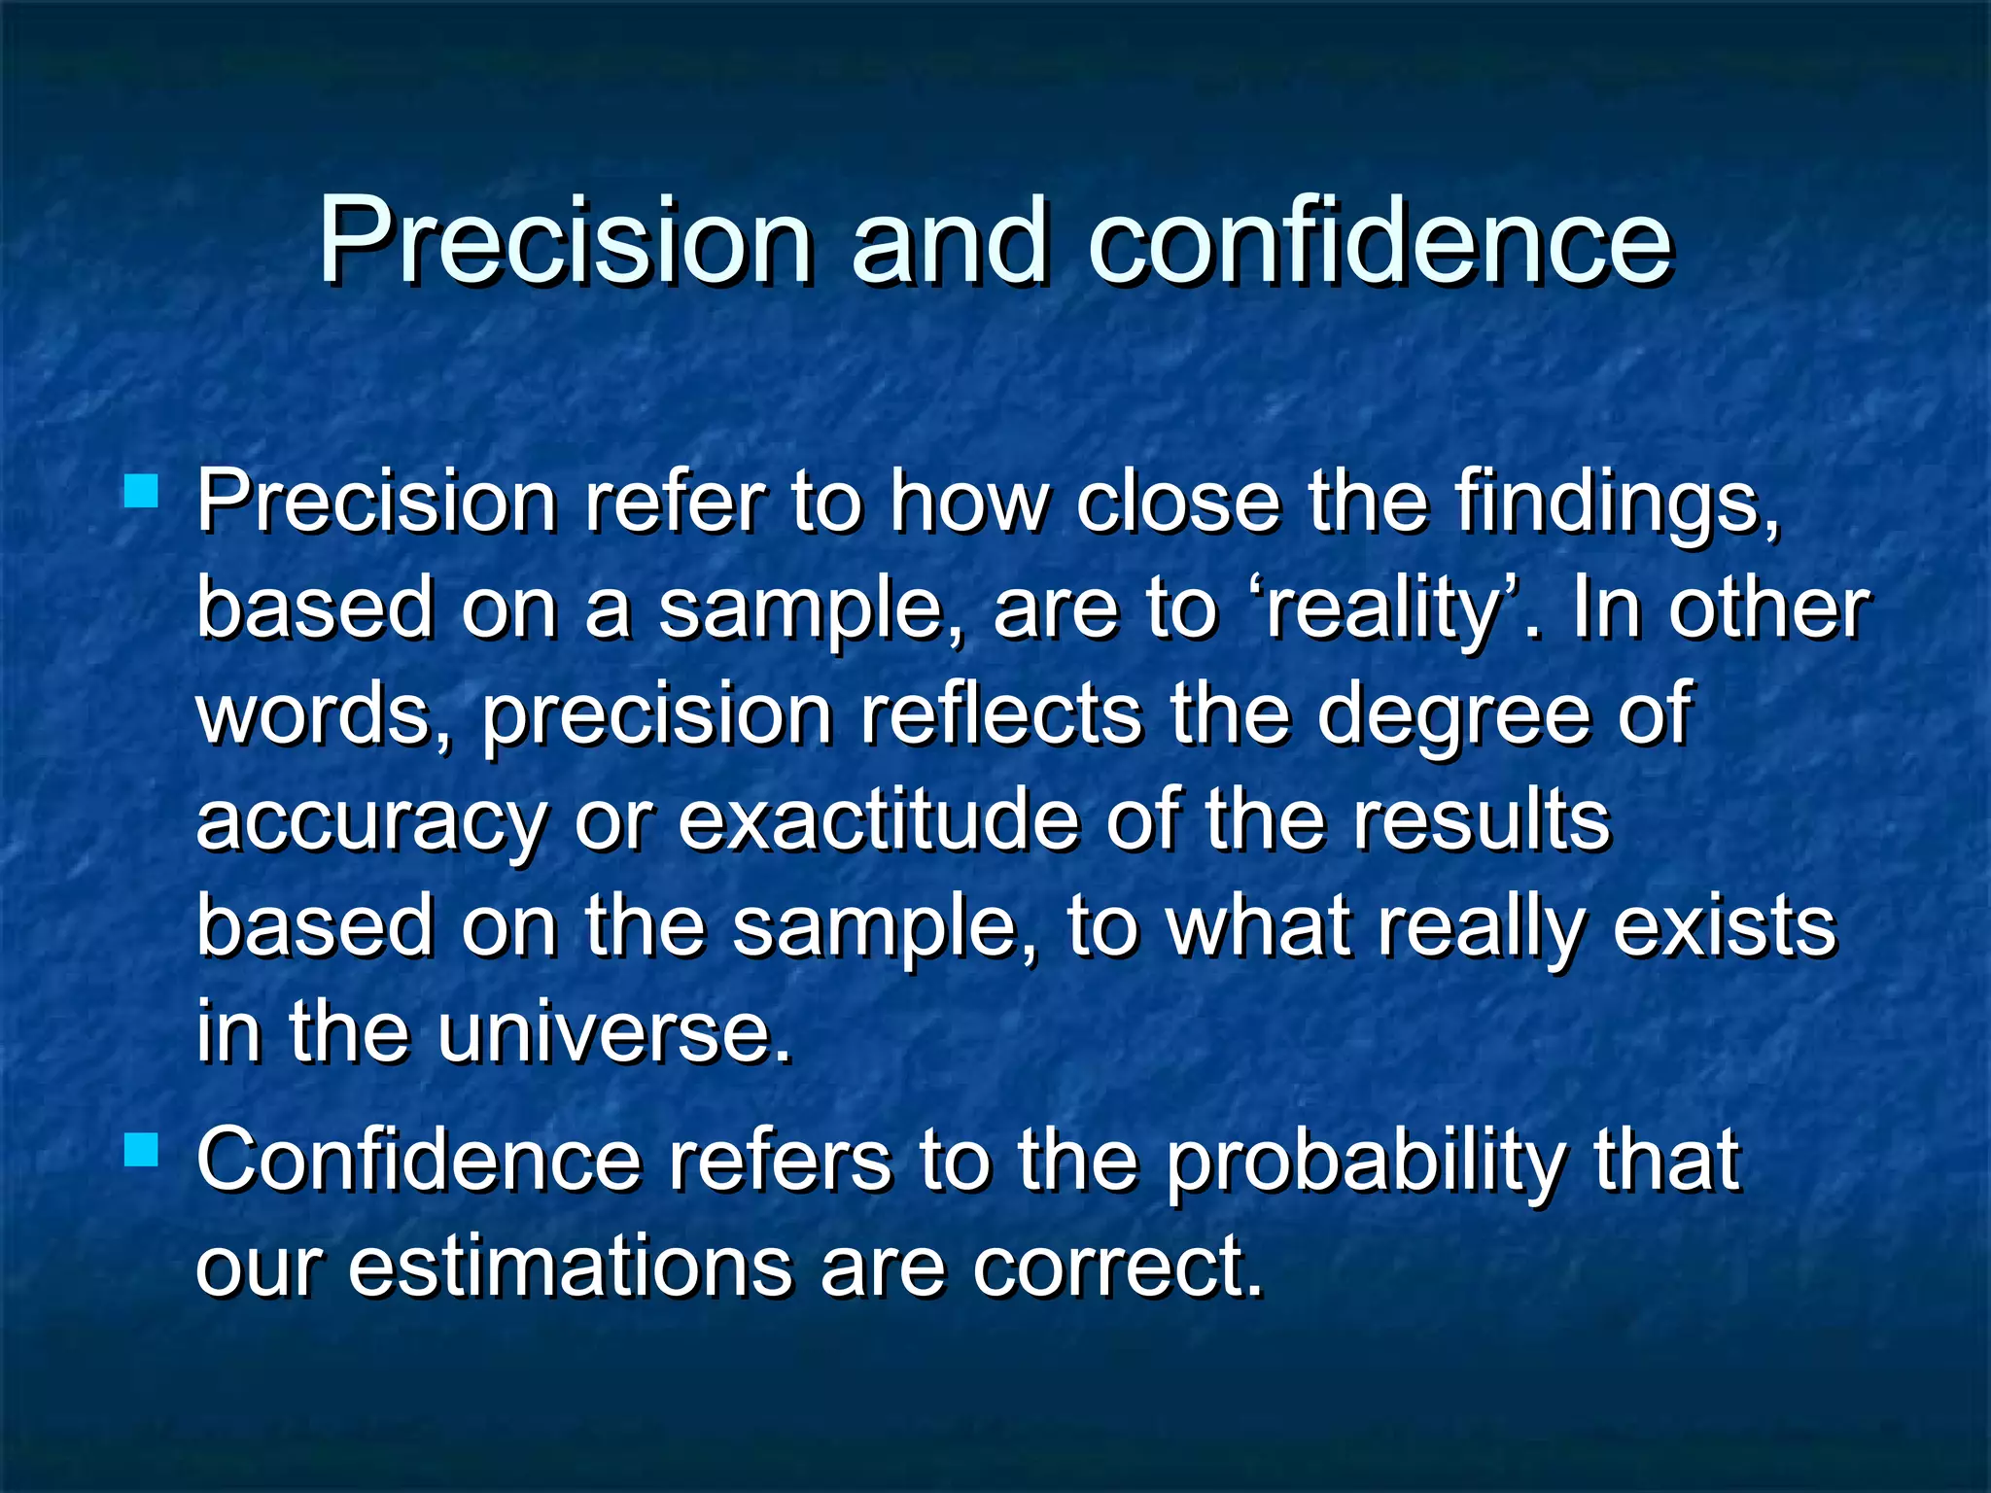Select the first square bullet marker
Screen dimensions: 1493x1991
coord(142,492)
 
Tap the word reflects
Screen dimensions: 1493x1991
coord(1001,714)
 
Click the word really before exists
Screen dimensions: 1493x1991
coord(1483,927)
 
